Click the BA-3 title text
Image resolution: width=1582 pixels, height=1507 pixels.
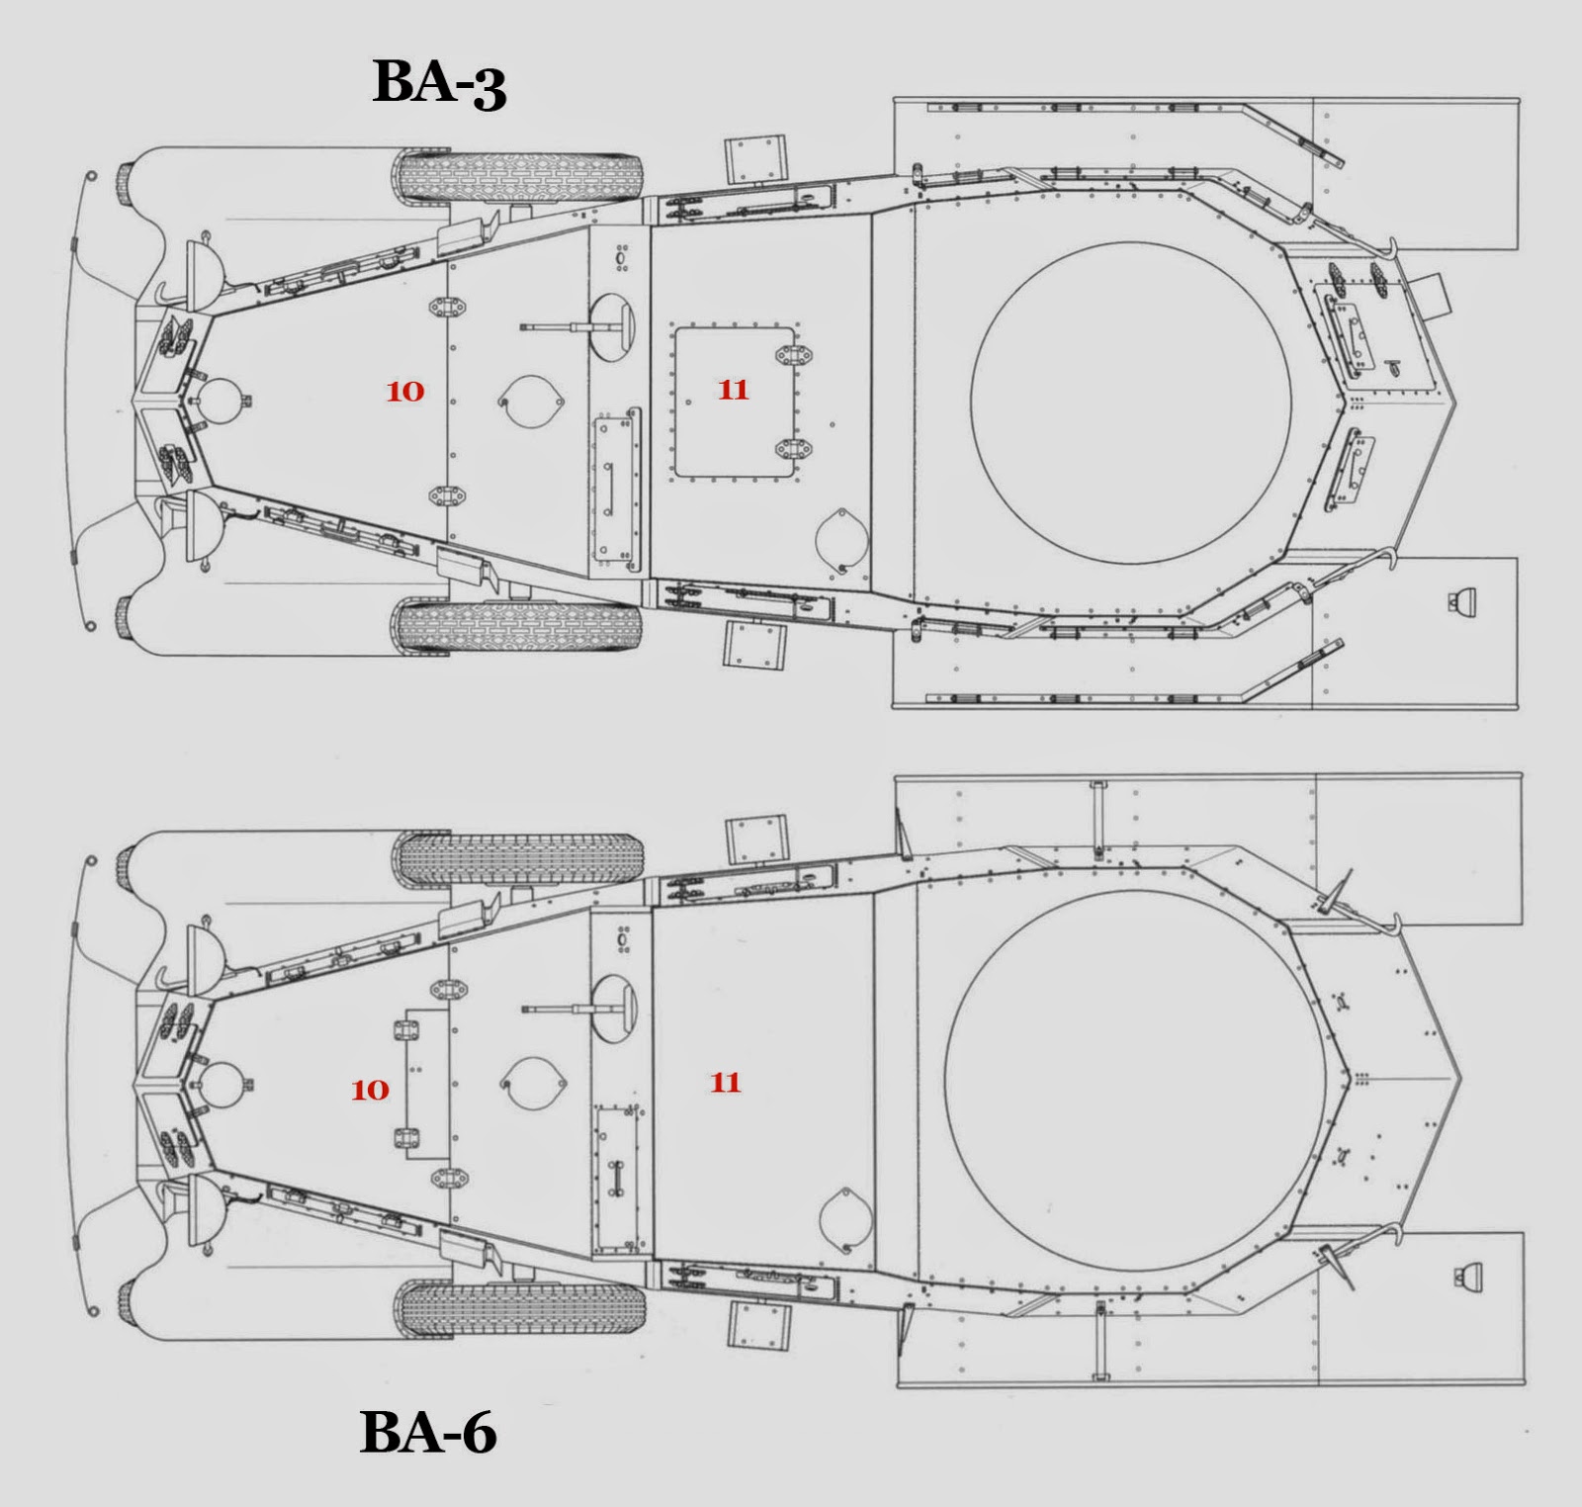tap(439, 82)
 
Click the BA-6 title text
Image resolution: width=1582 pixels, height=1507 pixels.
tap(428, 1431)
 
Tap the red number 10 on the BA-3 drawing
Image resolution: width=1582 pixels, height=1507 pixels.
tap(404, 392)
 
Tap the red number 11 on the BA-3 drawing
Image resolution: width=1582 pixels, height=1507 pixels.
tap(733, 390)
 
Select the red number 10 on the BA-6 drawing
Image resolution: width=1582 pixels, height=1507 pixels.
tap(370, 1090)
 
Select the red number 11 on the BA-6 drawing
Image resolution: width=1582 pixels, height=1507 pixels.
tap(726, 1082)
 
